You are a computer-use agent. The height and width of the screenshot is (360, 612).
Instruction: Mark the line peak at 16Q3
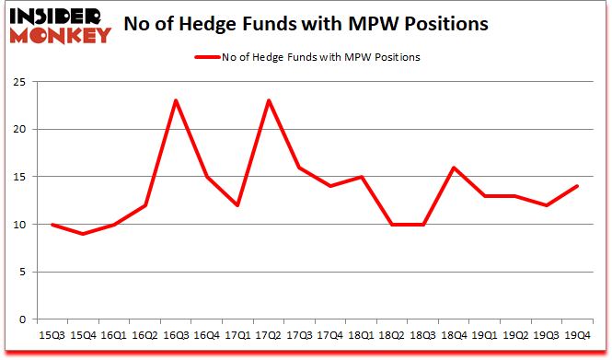click(x=176, y=100)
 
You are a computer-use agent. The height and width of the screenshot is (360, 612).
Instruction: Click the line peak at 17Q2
click(x=267, y=100)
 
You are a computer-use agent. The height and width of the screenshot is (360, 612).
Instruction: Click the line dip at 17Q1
click(x=237, y=205)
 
